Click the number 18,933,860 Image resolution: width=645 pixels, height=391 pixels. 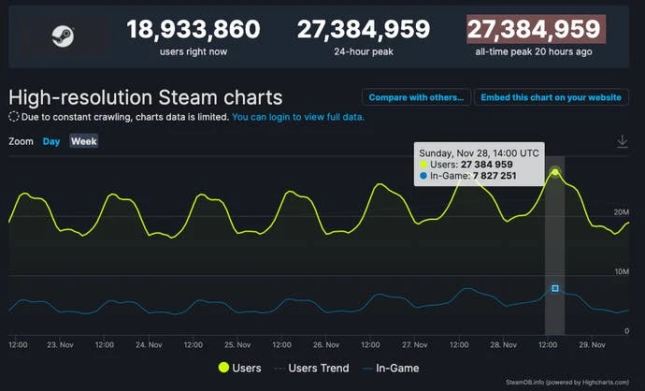pos(193,30)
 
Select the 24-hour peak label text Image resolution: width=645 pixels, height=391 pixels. pos(364,51)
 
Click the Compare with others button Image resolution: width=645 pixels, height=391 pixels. pos(416,97)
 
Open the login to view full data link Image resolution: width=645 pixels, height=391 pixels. pos(298,118)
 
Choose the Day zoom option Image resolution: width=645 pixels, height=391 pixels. pos(51,141)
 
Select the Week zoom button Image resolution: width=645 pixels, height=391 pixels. pos(84,141)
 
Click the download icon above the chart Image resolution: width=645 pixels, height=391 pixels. pos(623,141)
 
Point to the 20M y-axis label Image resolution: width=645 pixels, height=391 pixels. pos(622,212)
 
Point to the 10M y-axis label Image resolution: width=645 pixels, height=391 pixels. pos(622,271)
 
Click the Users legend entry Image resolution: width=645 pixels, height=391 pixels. pos(239,369)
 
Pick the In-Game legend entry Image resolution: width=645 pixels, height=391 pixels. pos(392,369)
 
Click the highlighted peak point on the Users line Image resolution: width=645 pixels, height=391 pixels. pos(555,172)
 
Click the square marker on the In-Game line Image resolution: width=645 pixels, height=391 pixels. pos(555,289)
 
